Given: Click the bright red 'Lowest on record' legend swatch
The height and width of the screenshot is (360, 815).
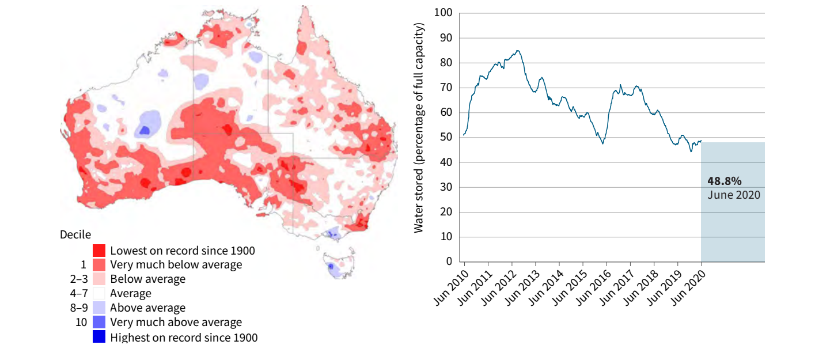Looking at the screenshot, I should click(98, 251).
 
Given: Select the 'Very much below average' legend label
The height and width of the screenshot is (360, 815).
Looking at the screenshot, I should click(176, 265).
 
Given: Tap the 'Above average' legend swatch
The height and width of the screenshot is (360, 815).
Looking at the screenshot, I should click(98, 308).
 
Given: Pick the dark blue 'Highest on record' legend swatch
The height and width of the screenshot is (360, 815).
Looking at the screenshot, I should click(98, 336).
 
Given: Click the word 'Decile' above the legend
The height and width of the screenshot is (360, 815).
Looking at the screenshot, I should click(75, 234).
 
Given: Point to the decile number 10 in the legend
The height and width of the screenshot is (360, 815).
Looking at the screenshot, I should click(81, 322).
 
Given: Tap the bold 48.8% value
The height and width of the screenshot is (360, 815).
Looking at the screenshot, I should click(725, 181).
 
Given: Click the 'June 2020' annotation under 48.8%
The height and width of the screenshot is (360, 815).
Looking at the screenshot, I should click(733, 195).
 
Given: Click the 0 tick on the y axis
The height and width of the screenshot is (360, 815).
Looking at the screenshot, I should click(449, 262).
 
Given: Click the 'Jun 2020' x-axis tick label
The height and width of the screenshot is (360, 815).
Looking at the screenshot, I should click(689, 286).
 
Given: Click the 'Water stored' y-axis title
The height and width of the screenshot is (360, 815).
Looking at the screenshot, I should click(419, 128).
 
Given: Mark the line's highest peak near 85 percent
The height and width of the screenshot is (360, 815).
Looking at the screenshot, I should click(518, 51).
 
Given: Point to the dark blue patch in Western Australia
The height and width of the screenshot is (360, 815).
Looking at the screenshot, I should click(145, 130).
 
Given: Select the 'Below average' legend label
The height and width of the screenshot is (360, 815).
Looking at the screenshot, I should click(147, 279).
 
